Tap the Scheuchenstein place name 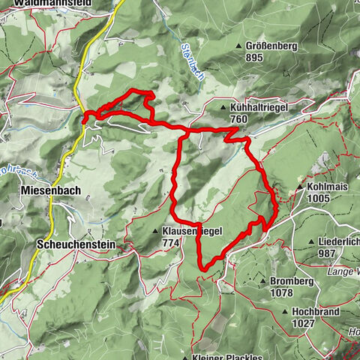72,244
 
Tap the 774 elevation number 170,243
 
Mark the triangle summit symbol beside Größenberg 240,46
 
